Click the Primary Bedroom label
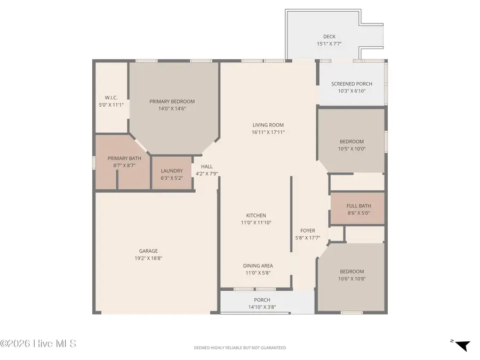172,101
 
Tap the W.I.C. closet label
111,98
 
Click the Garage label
148,251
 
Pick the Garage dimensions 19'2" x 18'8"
148,258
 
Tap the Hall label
206,166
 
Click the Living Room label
268,125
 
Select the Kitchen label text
255,215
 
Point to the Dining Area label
258,266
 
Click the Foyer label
307,230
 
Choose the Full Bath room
358,209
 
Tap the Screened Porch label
351,84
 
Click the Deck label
329,37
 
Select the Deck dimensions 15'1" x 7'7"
329,44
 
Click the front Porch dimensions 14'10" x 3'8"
262,307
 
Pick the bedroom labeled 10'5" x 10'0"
351,145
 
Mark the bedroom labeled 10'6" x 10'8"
351,275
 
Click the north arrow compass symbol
462,345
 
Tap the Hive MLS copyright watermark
38,343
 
